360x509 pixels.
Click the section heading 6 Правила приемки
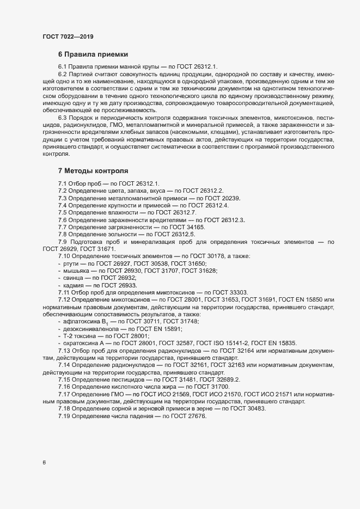(93, 54)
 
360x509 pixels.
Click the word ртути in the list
(71, 263)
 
